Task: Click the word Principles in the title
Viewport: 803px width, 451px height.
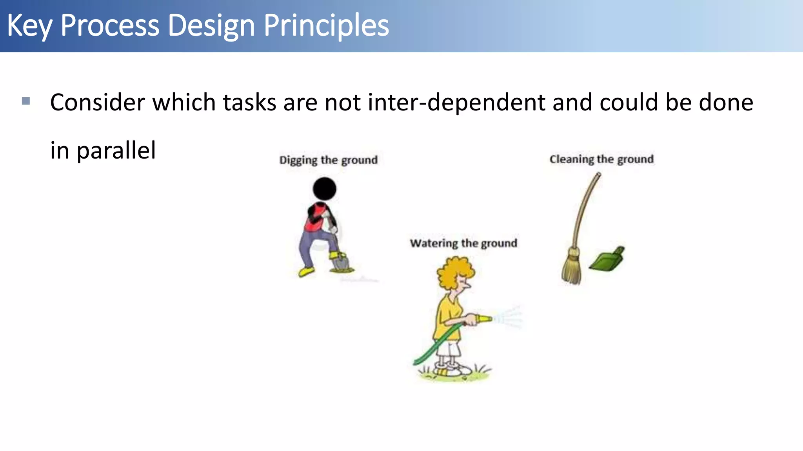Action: (x=326, y=25)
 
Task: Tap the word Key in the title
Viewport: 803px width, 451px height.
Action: (x=29, y=25)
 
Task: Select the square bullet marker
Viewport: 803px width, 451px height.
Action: (x=26, y=101)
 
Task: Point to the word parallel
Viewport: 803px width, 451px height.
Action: (x=116, y=150)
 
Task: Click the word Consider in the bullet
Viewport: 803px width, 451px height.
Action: (x=98, y=103)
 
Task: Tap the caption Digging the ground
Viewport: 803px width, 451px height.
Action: (x=328, y=160)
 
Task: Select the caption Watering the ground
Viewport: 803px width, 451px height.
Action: (x=463, y=243)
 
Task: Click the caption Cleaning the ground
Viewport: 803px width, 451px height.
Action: (x=601, y=159)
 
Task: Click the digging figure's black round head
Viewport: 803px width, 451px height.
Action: (x=324, y=189)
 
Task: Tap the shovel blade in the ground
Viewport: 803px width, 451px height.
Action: (x=340, y=263)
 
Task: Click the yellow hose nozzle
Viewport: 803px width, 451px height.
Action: (x=484, y=319)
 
